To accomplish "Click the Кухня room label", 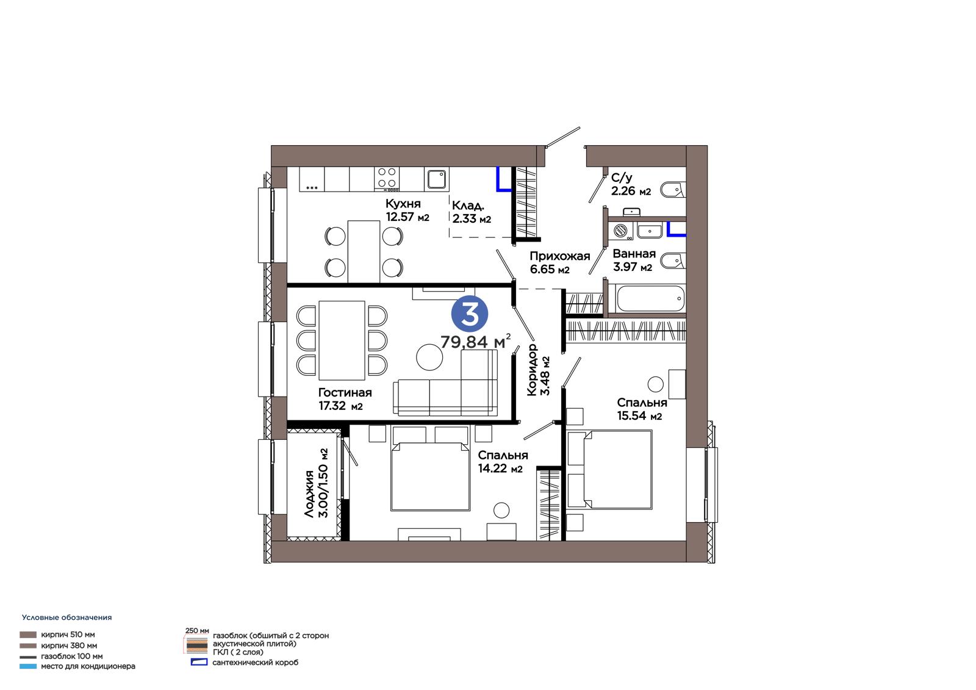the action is pos(403,204).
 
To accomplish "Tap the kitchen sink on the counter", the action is pos(437,179).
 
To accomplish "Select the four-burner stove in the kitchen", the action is pos(387,179).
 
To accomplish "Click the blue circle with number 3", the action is pos(469,314).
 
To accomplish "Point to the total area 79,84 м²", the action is pos(475,342).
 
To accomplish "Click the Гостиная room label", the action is pos(345,392).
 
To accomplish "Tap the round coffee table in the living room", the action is pos(429,358).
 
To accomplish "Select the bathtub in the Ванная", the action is pos(650,298).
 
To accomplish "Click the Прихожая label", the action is pos(560,256).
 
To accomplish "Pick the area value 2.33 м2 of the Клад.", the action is pos(472,218).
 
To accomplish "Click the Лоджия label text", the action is pos(309,494).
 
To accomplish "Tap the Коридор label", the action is pos(531,370).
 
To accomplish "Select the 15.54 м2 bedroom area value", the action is pos(639,416).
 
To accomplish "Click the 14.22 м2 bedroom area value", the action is pos(500,469).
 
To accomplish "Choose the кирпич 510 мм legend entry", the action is pos(57,634).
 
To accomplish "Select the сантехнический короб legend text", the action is pos(256,663).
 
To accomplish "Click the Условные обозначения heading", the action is pos(66,617).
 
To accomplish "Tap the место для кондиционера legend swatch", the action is pos(28,666).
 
